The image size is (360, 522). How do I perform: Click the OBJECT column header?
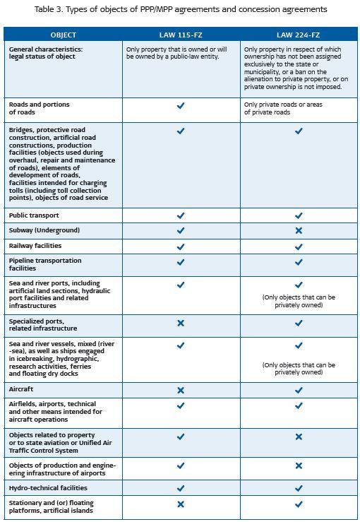click(x=63, y=35)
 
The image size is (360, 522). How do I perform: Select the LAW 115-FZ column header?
click(x=181, y=35)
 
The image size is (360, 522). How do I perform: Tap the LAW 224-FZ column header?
click(x=298, y=35)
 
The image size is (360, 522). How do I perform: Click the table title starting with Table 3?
click(x=180, y=10)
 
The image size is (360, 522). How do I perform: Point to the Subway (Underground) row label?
click(x=44, y=230)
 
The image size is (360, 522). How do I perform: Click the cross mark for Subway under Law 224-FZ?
click(x=298, y=230)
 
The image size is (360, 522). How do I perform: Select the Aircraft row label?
click(x=21, y=389)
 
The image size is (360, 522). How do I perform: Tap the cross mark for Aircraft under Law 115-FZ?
click(x=181, y=389)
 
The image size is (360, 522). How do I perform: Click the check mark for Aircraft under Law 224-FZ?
click(x=298, y=389)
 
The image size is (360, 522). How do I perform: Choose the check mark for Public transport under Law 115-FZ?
click(x=181, y=215)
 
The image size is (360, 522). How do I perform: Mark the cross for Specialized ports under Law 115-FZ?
click(x=181, y=324)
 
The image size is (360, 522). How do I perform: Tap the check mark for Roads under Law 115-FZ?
click(x=181, y=105)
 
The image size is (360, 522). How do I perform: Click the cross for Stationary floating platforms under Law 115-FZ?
click(x=181, y=504)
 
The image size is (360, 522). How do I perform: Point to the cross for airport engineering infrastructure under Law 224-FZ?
click(x=298, y=465)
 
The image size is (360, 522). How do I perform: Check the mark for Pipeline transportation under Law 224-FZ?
click(x=298, y=261)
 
